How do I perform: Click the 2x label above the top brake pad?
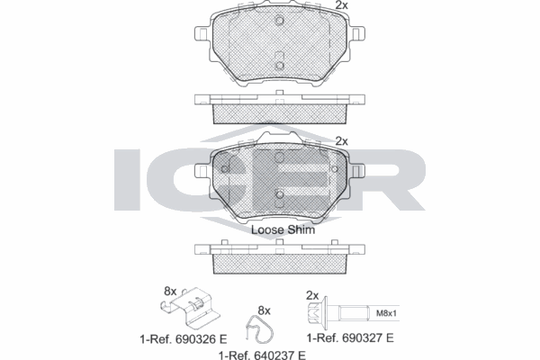tap(341, 6)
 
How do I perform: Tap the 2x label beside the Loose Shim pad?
tap(341, 140)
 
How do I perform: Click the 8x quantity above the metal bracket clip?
tap(172, 291)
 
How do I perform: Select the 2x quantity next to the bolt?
tap(312, 294)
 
